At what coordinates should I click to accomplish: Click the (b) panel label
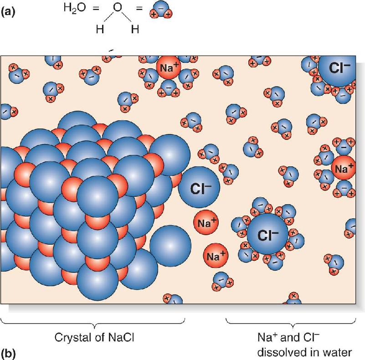[x=8, y=354]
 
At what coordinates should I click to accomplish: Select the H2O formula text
[x=74, y=8]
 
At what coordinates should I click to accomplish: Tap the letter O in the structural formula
[x=118, y=8]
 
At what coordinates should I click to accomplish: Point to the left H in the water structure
[x=100, y=30]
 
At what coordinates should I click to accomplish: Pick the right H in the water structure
[x=135, y=30]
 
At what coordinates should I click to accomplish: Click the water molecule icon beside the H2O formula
[x=161, y=10]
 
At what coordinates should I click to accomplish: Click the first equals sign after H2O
[x=96, y=9]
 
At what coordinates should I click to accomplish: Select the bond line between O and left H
[x=109, y=17]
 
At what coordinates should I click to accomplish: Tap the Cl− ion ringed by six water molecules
[x=267, y=234]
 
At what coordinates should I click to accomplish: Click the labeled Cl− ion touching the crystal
[x=199, y=187]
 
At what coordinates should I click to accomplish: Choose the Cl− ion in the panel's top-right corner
[x=337, y=68]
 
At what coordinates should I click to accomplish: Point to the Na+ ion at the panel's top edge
[x=168, y=67]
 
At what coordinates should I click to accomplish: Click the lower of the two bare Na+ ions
[x=216, y=256]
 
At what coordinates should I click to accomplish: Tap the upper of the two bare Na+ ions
[x=206, y=222]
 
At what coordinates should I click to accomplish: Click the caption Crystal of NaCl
[x=94, y=337]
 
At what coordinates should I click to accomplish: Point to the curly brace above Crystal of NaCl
[x=93, y=323]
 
